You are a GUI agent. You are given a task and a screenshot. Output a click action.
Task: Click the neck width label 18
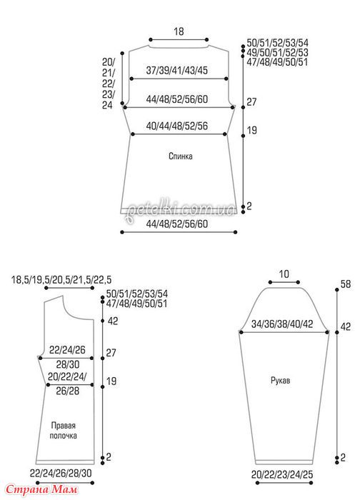[x=179, y=31]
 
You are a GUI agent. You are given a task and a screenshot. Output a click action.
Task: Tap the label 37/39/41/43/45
[x=176, y=70]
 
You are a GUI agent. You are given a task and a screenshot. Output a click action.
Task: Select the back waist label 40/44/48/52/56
[x=176, y=126]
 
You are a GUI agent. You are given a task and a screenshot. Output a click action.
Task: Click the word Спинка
[x=181, y=156]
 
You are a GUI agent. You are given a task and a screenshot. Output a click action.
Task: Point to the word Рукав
[x=280, y=381]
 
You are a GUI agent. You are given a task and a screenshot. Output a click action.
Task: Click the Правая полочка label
[x=63, y=431]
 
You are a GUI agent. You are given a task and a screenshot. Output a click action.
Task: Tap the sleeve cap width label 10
[x=284, y=274]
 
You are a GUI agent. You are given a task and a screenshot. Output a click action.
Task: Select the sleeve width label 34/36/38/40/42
[x=282, y=324]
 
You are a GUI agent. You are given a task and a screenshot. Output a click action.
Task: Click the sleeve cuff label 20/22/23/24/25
[x=282, y=475]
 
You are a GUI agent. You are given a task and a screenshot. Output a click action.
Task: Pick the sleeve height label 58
[x=345, y=284]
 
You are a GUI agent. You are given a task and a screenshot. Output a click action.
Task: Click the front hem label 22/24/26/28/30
[x=61, y=473]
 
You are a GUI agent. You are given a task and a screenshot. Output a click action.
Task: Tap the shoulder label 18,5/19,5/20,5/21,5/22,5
[x=61, y=280]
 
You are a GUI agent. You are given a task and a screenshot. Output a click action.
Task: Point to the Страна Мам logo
[x=41, y=489]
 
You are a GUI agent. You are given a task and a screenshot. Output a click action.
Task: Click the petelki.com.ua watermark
[x=181, y=210]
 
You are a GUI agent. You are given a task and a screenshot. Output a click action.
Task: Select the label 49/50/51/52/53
[x=277, y=53]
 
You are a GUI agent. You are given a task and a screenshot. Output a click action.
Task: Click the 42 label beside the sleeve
[x=345, y=327]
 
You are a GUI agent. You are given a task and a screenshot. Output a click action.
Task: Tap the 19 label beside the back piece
[x=251, y=131]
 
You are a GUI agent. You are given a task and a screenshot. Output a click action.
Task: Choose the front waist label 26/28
[x=68, y=391]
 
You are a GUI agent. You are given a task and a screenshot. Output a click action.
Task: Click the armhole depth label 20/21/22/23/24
[x=109, y=84]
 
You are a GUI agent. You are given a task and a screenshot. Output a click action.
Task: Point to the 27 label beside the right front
[x=111, y=353]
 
